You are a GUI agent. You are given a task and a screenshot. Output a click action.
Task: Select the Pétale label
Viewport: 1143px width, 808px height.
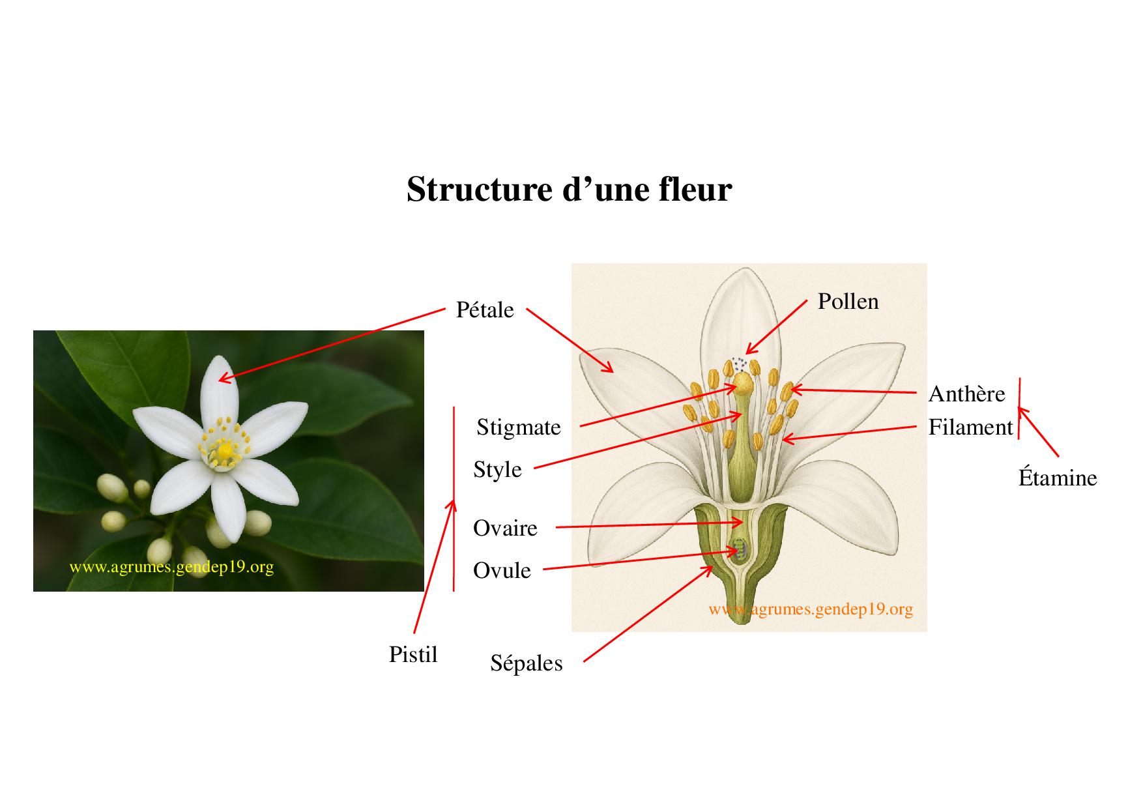pyautogui.click(x=485, y=310)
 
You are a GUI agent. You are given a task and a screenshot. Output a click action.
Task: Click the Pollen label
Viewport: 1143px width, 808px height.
pyautogui.click(x=848, y=301)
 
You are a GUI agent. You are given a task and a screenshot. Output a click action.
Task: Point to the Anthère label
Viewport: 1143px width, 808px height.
pyautogui.click(x=966, y=394)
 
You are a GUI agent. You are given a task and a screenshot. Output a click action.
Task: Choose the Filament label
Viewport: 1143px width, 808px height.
pyautogui.click(x=970, y=427)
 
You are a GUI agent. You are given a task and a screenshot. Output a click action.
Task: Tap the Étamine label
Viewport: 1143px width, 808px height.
pyautogui.click(x=1057, y=478)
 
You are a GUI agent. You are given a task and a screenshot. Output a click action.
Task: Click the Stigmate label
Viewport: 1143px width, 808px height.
pyautogui.click(x=518, y=427)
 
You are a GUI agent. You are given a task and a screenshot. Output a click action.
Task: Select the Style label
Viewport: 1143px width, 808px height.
pyautogui.click(x=497, y=469)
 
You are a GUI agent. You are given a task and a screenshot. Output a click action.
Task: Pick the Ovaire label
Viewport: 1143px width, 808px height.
pyautogui.click(x=505, y=528)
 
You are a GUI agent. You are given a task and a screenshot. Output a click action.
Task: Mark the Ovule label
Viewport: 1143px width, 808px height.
pyautogui.click(x=502, y=571)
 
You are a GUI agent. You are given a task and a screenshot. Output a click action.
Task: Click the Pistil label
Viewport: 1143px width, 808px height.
pyautogui.click(x=412, y=654)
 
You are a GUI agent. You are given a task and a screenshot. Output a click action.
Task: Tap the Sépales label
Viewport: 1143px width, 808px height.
pyautogui.click(x=526, y=663)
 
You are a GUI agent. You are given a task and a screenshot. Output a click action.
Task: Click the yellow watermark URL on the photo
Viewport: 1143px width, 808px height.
pyautogui.click(x=171, y=567)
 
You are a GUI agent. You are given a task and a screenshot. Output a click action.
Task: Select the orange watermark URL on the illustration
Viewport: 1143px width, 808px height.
pyautogui.click(x=811, y=609)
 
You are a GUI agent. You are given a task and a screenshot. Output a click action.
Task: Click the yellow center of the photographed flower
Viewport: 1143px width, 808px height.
pyautogui.click(x=224, y=450)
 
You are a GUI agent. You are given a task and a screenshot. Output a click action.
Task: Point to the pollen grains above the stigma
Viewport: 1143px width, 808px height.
pyautogui.click(x=739, y=362)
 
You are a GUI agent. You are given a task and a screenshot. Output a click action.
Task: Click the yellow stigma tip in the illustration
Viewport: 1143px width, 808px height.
pyautogui.click(x=742, y=381)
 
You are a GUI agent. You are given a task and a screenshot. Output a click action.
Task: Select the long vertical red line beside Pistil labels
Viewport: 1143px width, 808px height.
pyautogui.click(x=454, y=498)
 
